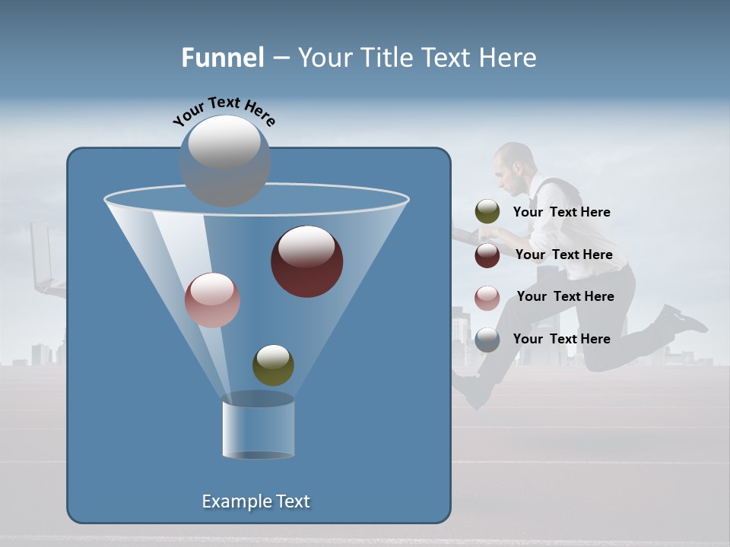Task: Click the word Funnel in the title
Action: pos(222,58)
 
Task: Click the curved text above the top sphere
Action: pos(224,110)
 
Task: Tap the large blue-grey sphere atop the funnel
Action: pos(225,160)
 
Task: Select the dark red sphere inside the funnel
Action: pos(306,261)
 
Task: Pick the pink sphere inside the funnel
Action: pos(212,300)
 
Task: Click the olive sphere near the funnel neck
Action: pos(273,365)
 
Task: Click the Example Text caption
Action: pos(255,501)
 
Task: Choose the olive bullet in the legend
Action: pos(487,212)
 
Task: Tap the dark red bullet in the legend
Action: pos(487,255)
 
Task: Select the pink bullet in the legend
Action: pos(487,297)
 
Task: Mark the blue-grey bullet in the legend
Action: pos(487,340)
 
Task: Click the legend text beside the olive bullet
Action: pos(561,212)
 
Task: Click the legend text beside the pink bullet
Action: pos(565,296)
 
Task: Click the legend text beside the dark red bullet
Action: pos(563,255)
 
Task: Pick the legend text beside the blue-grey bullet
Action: pos(561,339)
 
